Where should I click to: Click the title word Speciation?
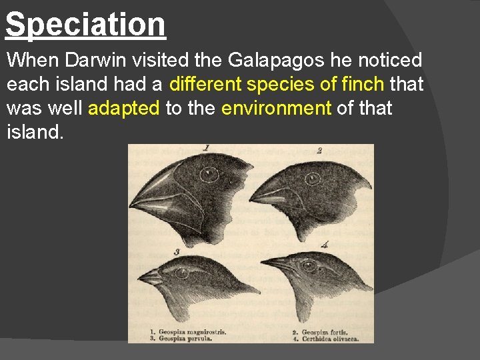(85, 24)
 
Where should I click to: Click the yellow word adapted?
(123, 107)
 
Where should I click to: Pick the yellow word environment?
(276, 107)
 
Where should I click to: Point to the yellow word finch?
(363, 84)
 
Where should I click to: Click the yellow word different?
(206, 84)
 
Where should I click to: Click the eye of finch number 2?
(312, 179)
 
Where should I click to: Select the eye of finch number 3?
(183, 272)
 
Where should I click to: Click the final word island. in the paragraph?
(35, 131)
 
